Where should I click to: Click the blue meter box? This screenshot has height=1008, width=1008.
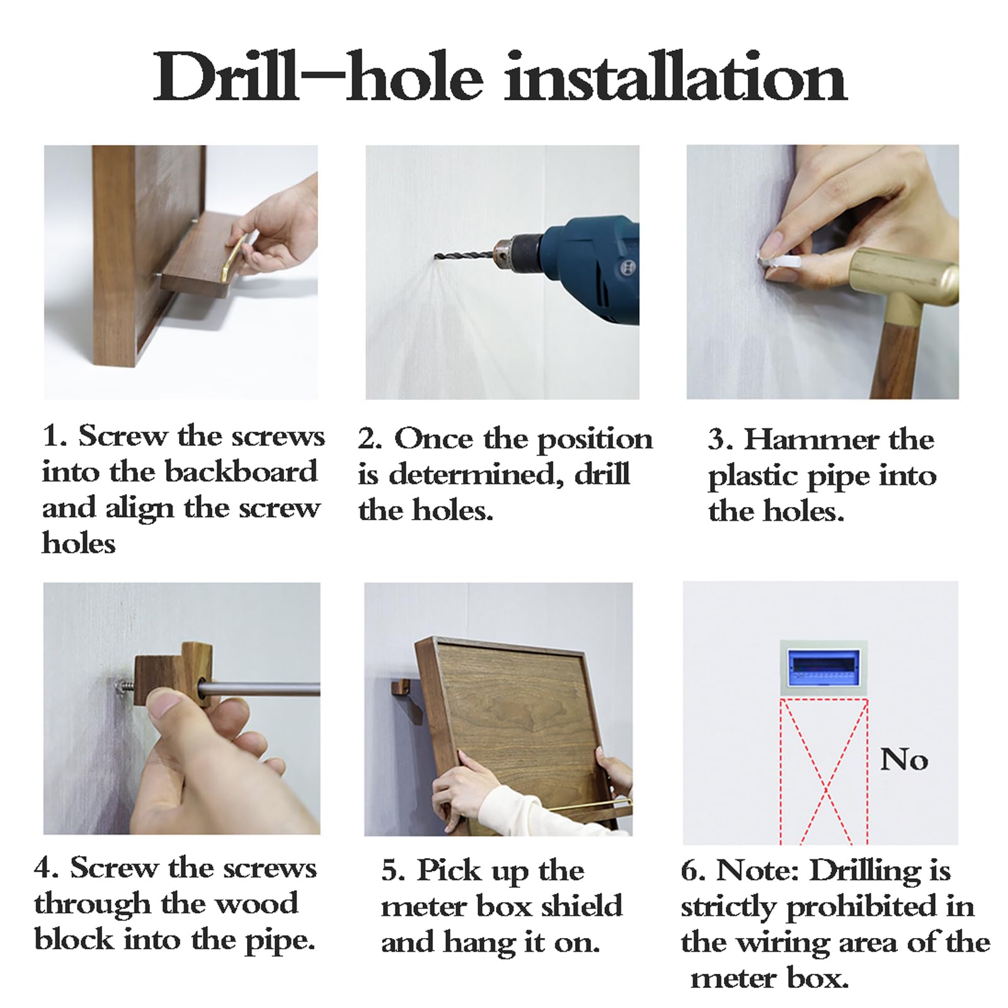(x=824, y=668)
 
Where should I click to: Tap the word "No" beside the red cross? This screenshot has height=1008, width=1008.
(x=904, y=760)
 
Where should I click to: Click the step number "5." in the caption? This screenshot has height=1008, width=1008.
(x=392, y=871)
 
